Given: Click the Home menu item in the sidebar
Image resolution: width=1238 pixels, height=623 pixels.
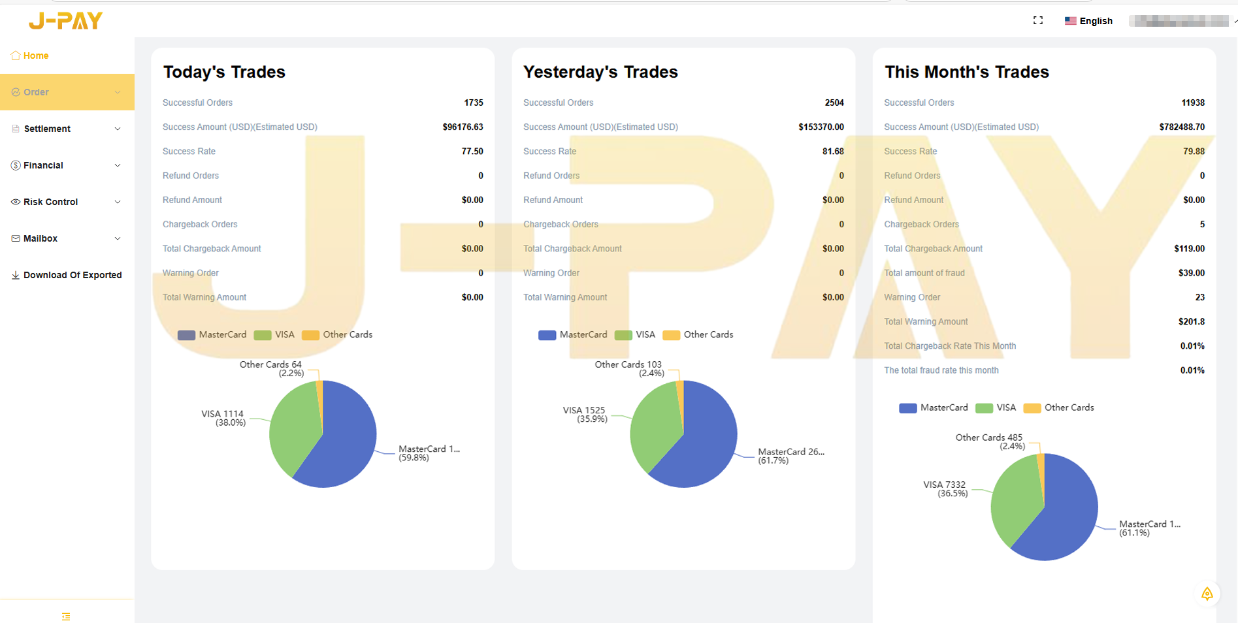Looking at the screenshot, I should point(35,56).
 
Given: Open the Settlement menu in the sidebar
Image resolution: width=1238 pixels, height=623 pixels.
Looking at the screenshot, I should point(47,129).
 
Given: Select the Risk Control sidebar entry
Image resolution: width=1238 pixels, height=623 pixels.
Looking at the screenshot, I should point(50,202).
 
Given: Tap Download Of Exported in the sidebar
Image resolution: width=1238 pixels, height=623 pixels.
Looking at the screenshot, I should point(72,275).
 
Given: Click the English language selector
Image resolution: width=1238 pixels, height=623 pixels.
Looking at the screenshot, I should point(1088,21).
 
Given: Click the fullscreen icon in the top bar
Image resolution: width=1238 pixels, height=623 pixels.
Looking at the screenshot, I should point(1037,20).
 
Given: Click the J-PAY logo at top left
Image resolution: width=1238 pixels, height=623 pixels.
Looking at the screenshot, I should point(65,21).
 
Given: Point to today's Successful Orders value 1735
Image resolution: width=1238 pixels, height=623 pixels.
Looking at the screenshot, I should point(473,103).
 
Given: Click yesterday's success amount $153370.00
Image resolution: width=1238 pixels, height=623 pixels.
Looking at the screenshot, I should point(821,127).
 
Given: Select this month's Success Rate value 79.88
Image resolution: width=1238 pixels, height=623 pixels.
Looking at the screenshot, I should point(1194,151).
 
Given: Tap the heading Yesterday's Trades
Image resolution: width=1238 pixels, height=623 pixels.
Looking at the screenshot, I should point(600,72).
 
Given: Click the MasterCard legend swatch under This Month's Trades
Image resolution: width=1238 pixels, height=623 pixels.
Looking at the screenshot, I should point(907,408).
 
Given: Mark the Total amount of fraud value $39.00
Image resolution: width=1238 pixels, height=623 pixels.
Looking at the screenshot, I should point(1191,273).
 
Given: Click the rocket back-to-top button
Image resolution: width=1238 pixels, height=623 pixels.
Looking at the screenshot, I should point(1207,594).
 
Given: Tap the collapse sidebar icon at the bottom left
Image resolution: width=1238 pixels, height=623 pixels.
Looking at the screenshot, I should point(66,616).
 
